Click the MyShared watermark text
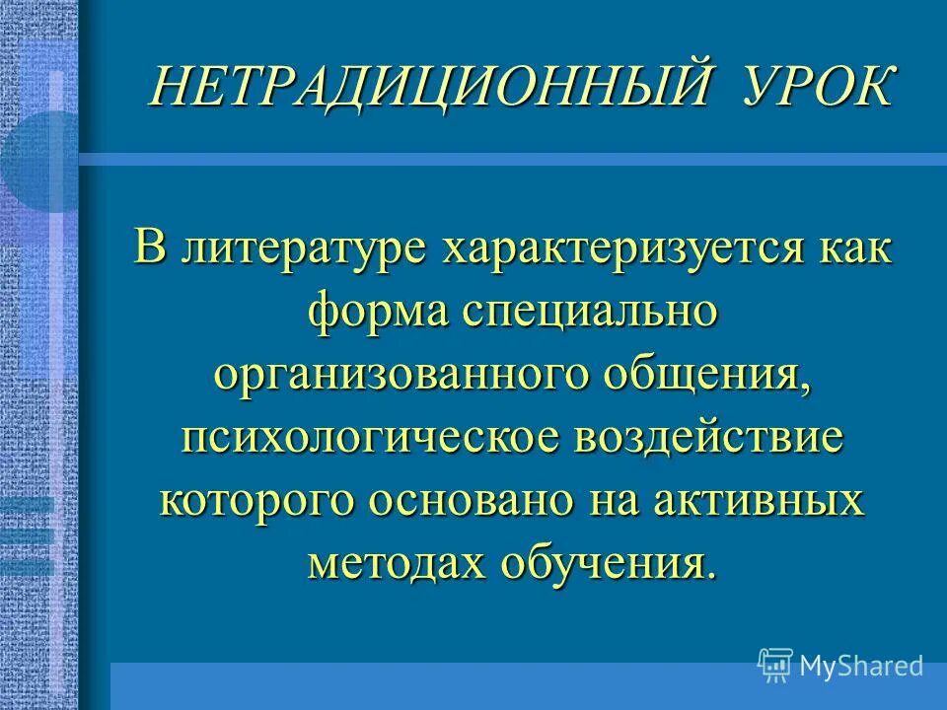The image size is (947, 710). click(x=861, y=666)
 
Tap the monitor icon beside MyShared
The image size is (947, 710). click(x=775, y=666)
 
